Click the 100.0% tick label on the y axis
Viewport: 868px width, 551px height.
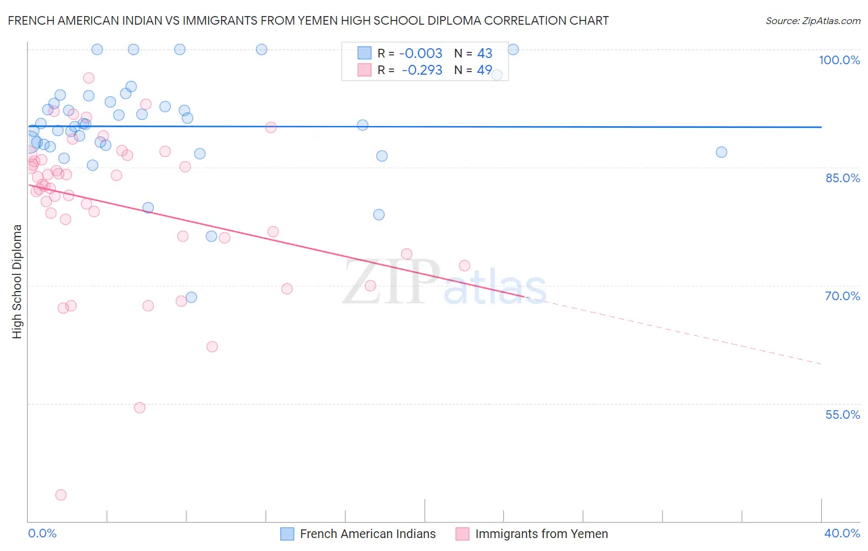point(839,60)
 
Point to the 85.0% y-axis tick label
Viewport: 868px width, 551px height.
point(842,178)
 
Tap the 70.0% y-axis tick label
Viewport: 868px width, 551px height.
point(842,296)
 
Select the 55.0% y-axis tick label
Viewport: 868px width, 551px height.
point(842,414)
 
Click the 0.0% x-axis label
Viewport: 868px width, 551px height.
point(42,533)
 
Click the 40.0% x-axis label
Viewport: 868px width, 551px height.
point(842,533)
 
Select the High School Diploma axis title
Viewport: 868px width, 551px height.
point(17,281)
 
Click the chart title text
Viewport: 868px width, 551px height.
point(308,20)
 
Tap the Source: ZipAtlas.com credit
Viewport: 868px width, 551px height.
point(812,20)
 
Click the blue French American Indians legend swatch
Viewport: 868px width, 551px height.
point(287,534)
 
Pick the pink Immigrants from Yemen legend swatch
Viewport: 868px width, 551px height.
point(462,534)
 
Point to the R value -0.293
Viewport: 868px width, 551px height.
point(422,70)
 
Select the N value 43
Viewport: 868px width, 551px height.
point(485,54)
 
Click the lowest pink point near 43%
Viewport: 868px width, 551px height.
point(61,495)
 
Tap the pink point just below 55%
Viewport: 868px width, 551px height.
point(140,408)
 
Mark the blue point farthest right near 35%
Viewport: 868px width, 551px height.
point(721,152)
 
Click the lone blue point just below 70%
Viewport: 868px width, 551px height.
point(191,297)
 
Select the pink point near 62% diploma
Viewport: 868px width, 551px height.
point(212,347)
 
